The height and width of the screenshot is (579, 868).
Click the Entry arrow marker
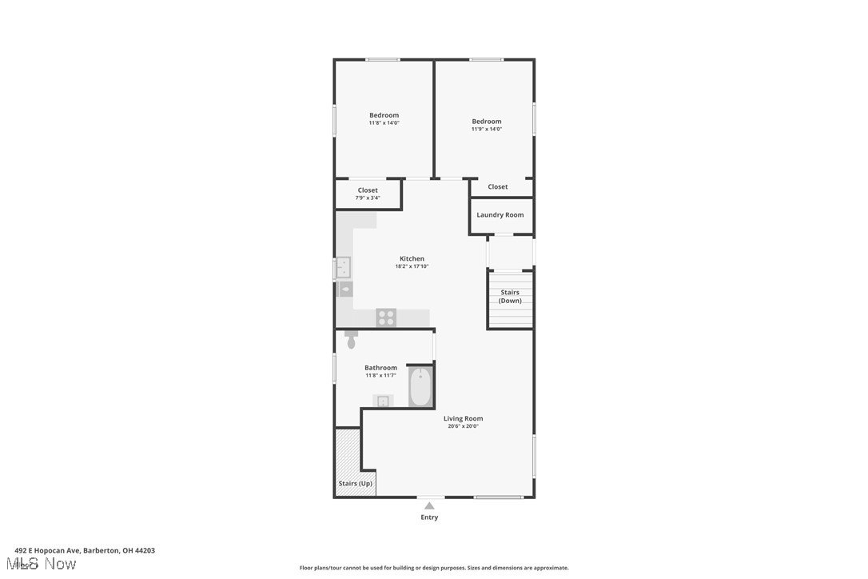click(x=429, y=505)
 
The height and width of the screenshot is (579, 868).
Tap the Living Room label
click(x=464, y=418)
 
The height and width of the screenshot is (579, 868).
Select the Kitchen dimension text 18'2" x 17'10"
click(x=412, y=266)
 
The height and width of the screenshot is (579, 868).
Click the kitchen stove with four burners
click(x=386, y=317)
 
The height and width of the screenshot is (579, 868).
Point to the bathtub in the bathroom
click(x=420, y=386)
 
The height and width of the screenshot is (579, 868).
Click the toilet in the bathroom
click(x=351, y=340)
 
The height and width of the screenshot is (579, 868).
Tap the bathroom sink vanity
click(x=383, y=401)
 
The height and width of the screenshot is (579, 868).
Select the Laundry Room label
click(x=500, y=214)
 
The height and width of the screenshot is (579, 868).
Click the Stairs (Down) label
click(x=510, y=297)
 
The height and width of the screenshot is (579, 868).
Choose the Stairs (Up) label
click(x=355, y=484)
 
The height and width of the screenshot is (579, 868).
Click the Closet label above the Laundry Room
click(x=498, y=186)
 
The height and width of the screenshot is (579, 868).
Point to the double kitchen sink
click(x=344, y=266)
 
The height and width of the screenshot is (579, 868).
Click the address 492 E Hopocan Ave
click(x=85, y=550)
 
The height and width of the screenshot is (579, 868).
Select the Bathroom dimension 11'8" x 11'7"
click(x=380, y=375)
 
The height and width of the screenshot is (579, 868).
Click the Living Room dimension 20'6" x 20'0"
click(x=464, y=426)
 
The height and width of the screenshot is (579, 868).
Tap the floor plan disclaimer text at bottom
click(x=434, y=568)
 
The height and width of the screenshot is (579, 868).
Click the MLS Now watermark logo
click(x=46, y=564)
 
